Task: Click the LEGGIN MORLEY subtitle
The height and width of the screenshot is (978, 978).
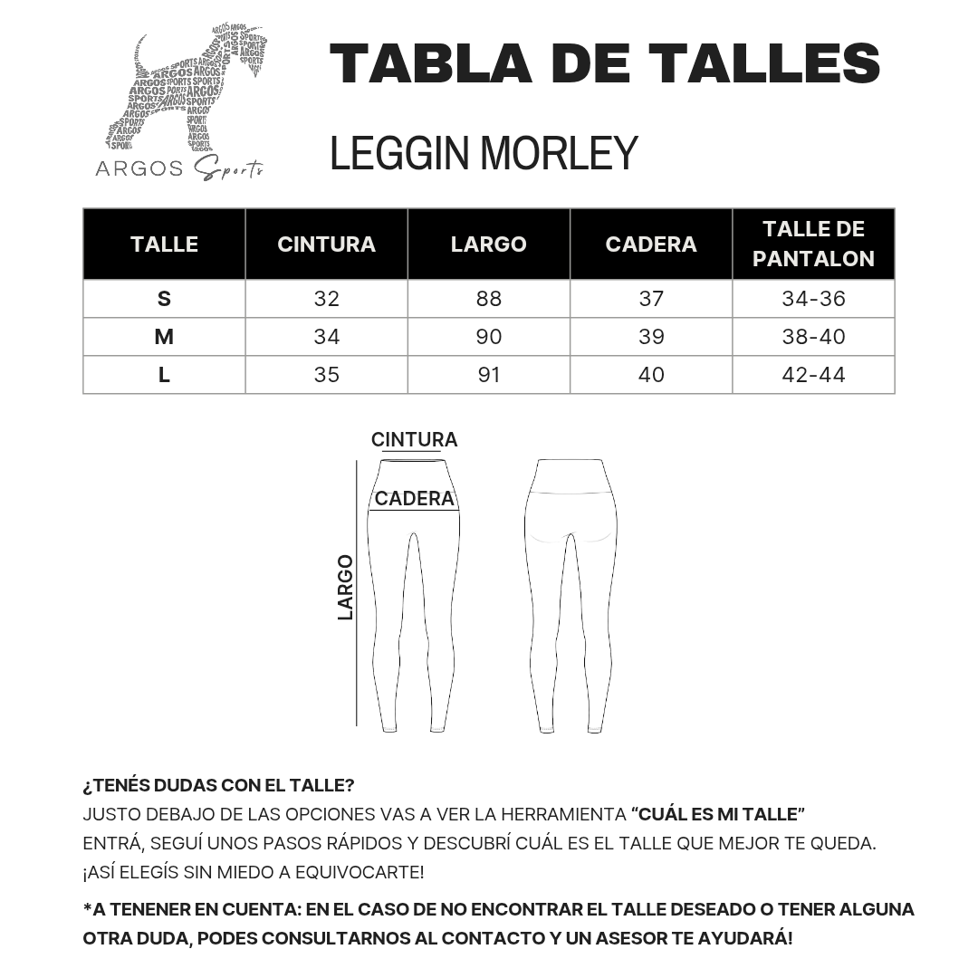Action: (484, 152)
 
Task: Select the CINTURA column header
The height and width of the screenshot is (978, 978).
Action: (326, 244)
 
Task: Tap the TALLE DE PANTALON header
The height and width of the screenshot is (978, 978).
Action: (813, 244)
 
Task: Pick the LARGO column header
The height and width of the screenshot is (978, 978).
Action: (488, 244)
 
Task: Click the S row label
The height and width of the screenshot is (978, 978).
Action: (164, 299)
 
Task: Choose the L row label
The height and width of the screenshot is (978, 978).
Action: (164, 375)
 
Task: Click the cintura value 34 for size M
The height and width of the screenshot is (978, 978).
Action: (326, 337)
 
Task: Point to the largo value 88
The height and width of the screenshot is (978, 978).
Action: (488, 299)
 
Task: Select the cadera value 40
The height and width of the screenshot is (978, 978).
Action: (651, 375)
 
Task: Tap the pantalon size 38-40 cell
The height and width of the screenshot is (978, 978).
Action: (813, 337)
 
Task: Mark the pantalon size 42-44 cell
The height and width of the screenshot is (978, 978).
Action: (813, 375)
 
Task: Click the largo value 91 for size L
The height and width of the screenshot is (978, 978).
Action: (488, 375)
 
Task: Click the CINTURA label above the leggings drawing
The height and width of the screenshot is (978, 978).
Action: (414, 440)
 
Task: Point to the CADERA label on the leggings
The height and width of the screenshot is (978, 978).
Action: (414, 499)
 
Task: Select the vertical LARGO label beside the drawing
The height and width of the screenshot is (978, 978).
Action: (345, 587)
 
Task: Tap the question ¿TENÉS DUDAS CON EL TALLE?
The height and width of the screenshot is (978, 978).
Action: (218, 785)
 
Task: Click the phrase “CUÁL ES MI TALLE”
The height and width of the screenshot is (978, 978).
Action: (718, 814)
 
